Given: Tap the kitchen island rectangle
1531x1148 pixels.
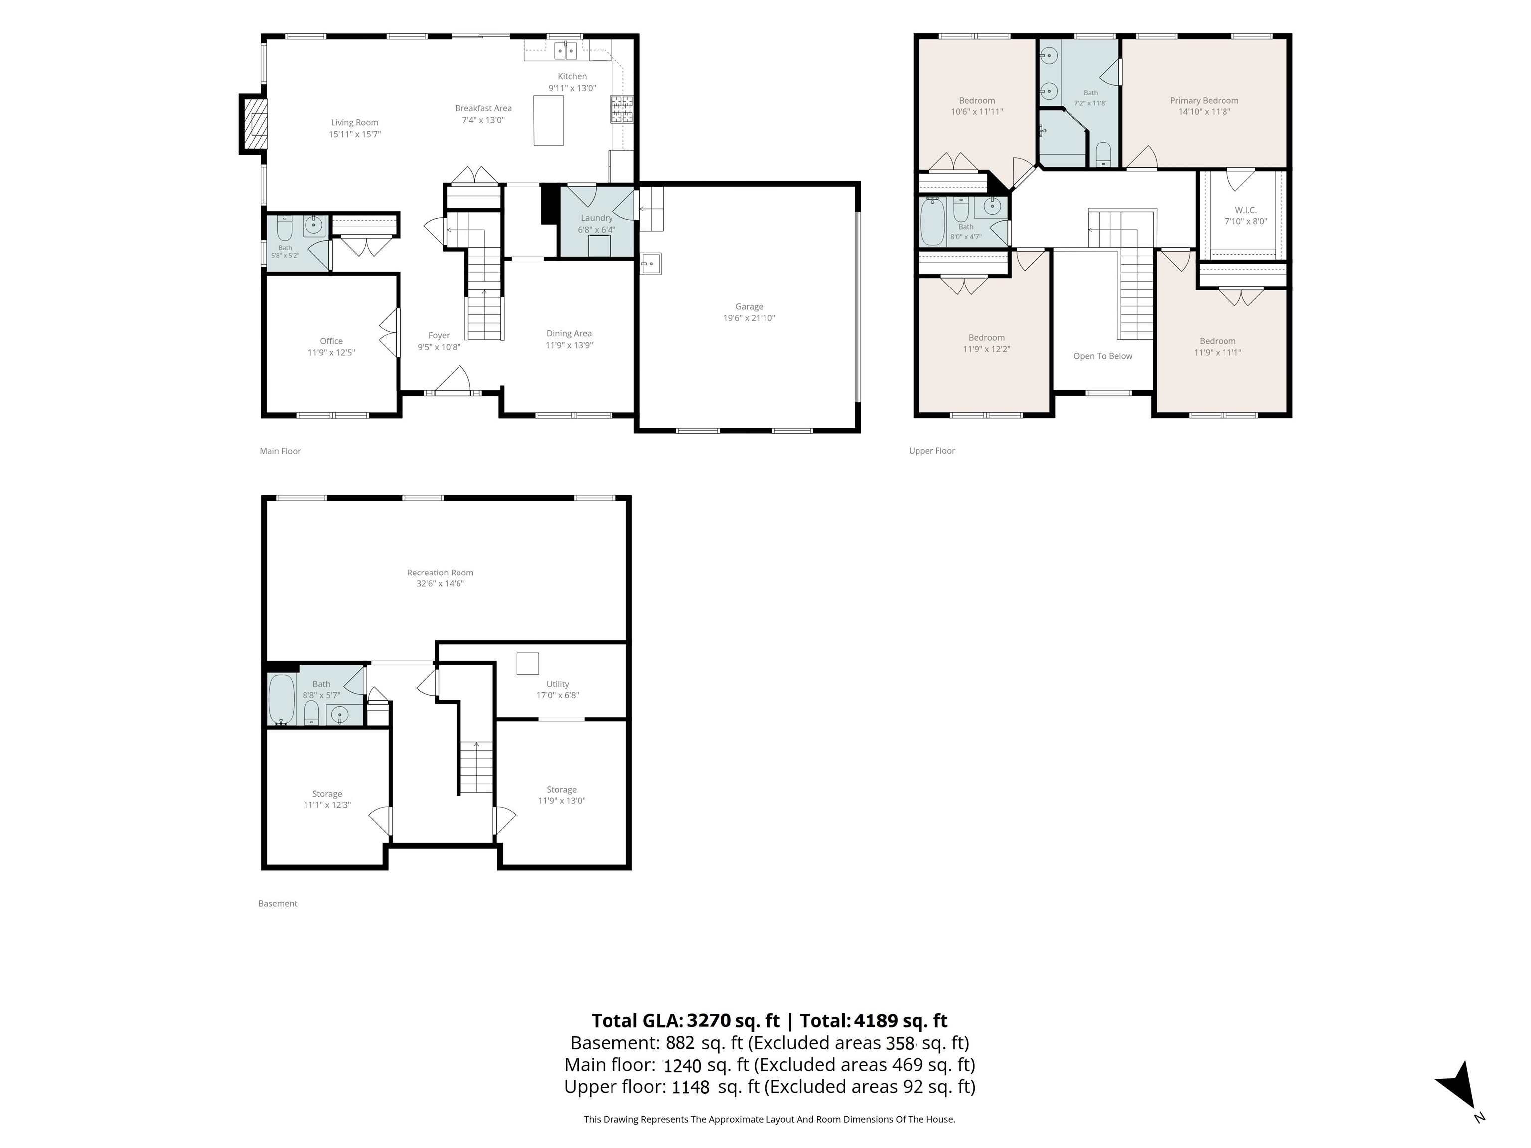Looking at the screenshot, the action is pos(548,121).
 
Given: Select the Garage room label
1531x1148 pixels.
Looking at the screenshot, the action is pos(749,306).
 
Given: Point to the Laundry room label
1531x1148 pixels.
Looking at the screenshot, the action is pos(597,218).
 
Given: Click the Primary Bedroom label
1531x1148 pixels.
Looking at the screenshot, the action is pos(1204,100).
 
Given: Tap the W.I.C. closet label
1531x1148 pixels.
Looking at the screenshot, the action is pos(1246,210).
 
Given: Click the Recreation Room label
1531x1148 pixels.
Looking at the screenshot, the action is pos(440,573).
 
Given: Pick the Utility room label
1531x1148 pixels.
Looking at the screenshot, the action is pos(558,684).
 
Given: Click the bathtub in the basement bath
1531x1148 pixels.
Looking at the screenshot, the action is pos(282,699).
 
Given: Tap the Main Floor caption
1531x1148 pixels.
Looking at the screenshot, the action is pos(280,451).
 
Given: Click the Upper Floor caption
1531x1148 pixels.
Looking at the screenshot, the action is pos(931,451).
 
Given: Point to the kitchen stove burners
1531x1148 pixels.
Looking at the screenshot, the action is pos(621,109).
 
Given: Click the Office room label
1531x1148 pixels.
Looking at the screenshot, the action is pos(331,341).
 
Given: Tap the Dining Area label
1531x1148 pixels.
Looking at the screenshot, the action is pos(569,333).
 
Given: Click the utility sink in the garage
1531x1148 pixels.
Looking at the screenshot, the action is pos(650,264).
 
